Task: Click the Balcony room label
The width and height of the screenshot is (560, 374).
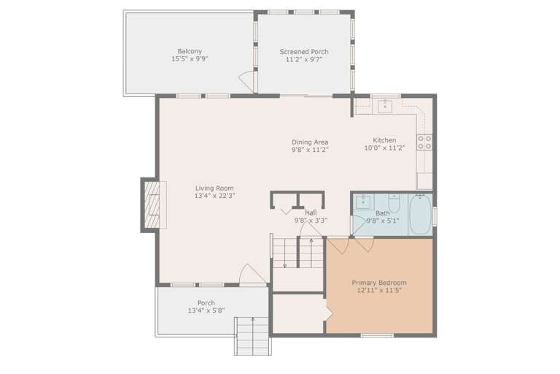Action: pos(190,51)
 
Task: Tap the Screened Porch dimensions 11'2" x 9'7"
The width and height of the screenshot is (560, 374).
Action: pos(304,60)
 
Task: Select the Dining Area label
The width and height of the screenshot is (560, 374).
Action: pos(310,142)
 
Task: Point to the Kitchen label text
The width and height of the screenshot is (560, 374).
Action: pos(384,140)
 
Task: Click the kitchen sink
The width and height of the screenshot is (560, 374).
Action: pos(386,107)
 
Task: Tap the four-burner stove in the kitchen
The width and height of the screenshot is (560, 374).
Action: pos(424,142)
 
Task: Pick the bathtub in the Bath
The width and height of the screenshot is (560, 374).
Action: pos(420,214)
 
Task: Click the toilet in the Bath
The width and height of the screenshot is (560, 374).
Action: pos(394,200)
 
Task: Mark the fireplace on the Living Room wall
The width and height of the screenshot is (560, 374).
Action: pos(151,205)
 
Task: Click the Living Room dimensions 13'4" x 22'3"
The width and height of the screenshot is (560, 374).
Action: pos(214,196)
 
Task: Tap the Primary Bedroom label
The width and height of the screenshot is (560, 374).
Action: pos(379,283)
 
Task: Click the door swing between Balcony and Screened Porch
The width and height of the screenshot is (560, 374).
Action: pos(249,82)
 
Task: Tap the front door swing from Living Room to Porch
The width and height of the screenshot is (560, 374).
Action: pos(250,275)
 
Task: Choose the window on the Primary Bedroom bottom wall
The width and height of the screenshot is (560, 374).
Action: pos(377,335)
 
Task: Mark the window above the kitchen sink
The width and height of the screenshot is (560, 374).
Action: pos(386,96)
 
